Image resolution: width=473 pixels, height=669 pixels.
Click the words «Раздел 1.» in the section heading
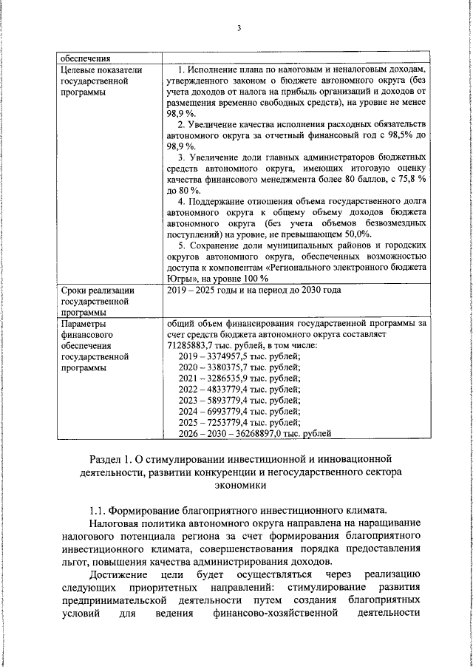pos(112,463)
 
